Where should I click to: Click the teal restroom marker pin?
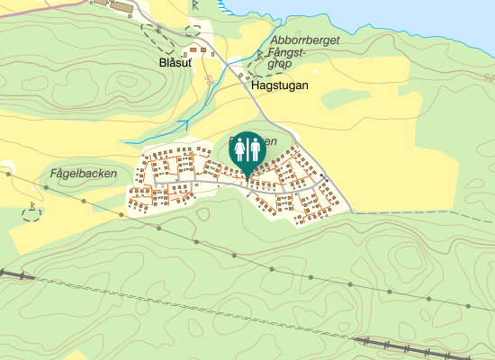tap(247, 151)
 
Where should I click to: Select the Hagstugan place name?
tap(280, 85)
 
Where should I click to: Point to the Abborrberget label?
tap(305, 40)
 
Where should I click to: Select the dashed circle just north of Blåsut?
tap(193, 31)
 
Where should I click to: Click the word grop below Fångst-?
tap(280, 65)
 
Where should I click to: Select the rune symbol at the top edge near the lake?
tap(195, 5)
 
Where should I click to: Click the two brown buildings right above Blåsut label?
tap(202, 49)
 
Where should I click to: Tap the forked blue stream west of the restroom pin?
tap(180, 124)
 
